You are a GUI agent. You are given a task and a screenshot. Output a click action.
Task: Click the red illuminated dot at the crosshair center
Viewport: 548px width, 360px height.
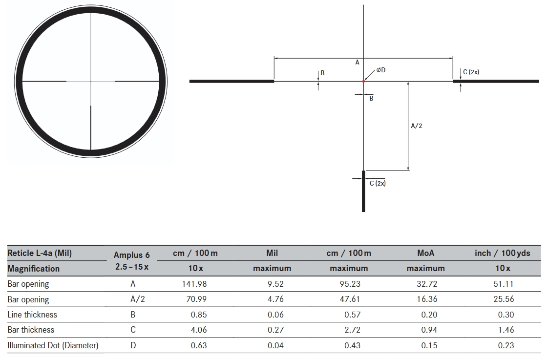[363, 81]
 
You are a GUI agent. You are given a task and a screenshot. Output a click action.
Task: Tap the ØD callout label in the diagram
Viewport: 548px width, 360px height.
[381, 70]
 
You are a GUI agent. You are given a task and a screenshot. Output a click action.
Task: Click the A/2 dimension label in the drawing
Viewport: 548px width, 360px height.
[417, 126]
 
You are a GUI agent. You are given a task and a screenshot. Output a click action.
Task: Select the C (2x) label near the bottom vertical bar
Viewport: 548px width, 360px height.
[378, 183]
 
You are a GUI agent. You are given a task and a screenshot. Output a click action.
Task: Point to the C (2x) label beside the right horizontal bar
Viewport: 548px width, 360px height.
[471, 72]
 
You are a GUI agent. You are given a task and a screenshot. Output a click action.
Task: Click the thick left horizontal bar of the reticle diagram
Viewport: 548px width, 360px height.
[232, 81]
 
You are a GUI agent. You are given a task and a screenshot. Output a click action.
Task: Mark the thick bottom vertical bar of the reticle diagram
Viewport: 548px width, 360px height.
[363, 191]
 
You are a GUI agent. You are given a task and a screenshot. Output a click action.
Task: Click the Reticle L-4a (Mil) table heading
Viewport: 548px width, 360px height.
[40, 253]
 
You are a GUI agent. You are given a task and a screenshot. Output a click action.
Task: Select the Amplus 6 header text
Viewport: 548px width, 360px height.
[131, 255]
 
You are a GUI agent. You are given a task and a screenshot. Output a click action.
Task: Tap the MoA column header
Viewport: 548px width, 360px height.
[425, 253]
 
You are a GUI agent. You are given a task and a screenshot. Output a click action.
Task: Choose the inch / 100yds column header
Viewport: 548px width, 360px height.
[502, 253]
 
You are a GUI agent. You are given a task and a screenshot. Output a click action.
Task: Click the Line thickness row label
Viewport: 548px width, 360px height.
[32, 315]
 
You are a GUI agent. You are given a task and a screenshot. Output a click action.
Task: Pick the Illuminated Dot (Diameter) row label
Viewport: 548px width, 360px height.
[53, 345]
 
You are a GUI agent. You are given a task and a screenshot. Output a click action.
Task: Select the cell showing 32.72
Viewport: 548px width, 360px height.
[425, 284]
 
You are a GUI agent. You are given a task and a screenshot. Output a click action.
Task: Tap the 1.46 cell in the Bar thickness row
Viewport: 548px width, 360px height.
[506, 330]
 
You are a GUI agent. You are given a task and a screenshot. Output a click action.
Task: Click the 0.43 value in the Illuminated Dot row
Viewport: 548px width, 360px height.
[352, 345]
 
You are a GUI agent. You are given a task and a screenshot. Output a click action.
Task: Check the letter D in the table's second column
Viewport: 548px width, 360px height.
[132, 345]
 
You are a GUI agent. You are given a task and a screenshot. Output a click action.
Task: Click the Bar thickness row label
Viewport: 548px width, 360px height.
[31, 330]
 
